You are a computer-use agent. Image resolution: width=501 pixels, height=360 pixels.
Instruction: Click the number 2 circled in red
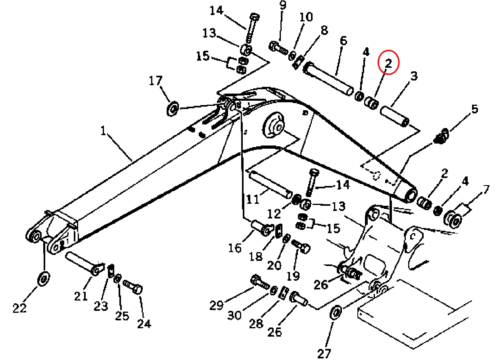[x=388, y=63]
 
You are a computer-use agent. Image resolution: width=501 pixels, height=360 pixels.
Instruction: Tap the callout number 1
[x=103, y=130]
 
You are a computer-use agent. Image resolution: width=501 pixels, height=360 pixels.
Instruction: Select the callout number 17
[x=155, y=80]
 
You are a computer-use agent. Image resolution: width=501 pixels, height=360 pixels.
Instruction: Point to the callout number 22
[x=20, y=308]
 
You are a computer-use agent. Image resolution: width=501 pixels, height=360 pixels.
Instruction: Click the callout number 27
[x=324, y=354]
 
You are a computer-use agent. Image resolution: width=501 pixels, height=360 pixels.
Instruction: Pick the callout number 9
[x=283, y=5]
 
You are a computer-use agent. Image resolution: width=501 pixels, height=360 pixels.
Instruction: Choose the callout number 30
[x=234, y=315]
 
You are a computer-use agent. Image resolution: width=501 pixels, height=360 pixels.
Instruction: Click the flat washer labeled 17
[x=173, y=109]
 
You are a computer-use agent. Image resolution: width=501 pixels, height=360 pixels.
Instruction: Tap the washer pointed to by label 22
[x=44, y=279]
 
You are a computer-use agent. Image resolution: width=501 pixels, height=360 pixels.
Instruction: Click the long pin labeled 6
[x=328, y=79]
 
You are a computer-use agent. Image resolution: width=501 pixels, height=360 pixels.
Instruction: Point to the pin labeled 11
[x=271, y=185]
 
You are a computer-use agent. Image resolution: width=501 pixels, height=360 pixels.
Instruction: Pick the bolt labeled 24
[x=133, y=287]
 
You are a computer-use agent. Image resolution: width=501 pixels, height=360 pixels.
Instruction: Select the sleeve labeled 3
[x=395, y=116]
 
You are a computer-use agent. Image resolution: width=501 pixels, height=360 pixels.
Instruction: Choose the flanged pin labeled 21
[x=85, y=264]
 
